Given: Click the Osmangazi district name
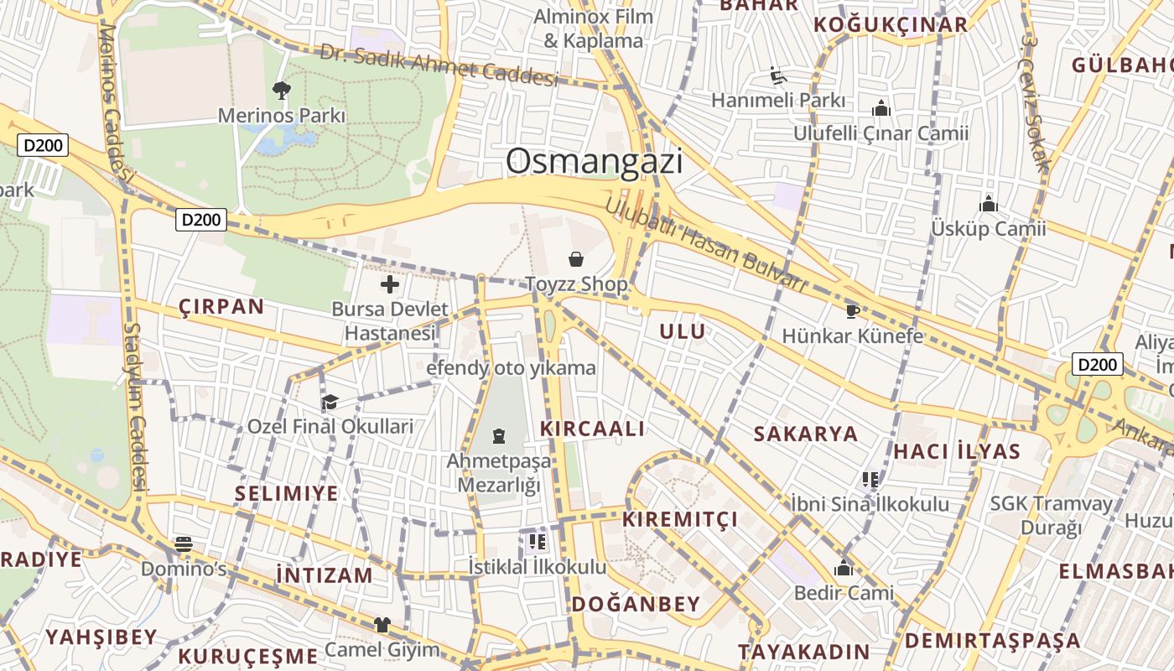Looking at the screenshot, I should tap(594, 161).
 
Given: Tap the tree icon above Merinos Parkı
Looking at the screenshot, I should tap(282, 90).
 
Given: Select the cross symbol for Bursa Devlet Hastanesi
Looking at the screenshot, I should tap(390, 284).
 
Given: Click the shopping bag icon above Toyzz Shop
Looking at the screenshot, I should tap(576, 259).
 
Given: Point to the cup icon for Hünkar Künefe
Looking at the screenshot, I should tap(852, 311).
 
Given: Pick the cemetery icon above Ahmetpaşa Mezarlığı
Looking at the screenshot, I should tap(499, 436).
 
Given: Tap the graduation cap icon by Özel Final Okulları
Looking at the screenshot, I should tap(330, 403).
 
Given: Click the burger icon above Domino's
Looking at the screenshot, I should tap(184, 544).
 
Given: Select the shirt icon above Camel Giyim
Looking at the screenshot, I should tap(382, 625).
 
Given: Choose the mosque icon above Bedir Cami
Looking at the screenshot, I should tap(844, 568).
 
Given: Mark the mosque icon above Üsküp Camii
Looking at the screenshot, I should tap(989, 203).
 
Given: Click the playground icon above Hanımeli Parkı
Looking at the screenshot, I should tap(778, 76).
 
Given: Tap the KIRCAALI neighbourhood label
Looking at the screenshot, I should tap(593, 429).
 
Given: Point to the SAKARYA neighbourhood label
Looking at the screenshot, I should tap(806, 434).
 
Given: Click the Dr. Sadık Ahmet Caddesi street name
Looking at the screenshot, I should tap(439, 65).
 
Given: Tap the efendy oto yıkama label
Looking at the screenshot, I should tap(512, 367).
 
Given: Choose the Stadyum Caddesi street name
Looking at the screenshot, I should tap(135, 408).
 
